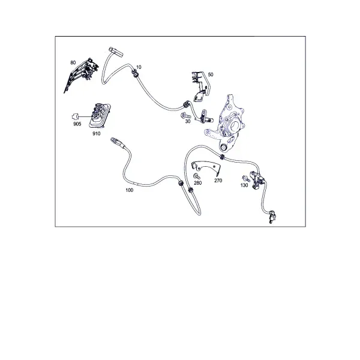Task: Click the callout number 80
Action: click(x=73, y=62)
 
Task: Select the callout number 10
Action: click(x=139, y=67)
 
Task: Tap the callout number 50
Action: click(x=211, y=74)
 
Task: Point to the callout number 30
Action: click(x=188, y=121)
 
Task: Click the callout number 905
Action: click(x=77, y=124)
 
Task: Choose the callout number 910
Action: click(x=97, y=134)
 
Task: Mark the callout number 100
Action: click(x=129, y=190)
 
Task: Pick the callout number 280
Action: click(x=197, y=183)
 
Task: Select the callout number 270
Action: click(x=218, y=181)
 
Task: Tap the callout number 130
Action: click(x=244, y=185)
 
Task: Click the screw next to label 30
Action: click(x=186, y=116)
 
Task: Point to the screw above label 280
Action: click(x=197, y=176)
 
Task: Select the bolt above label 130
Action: click(x=246, y=178)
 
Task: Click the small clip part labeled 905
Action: click(x=76, y=116)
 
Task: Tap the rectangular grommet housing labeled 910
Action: click(x=100, y=115)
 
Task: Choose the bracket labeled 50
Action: click(x=200, y=86)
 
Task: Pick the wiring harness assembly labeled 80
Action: click(x=81, y=75)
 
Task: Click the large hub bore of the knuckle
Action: click(x=235, y=126)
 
